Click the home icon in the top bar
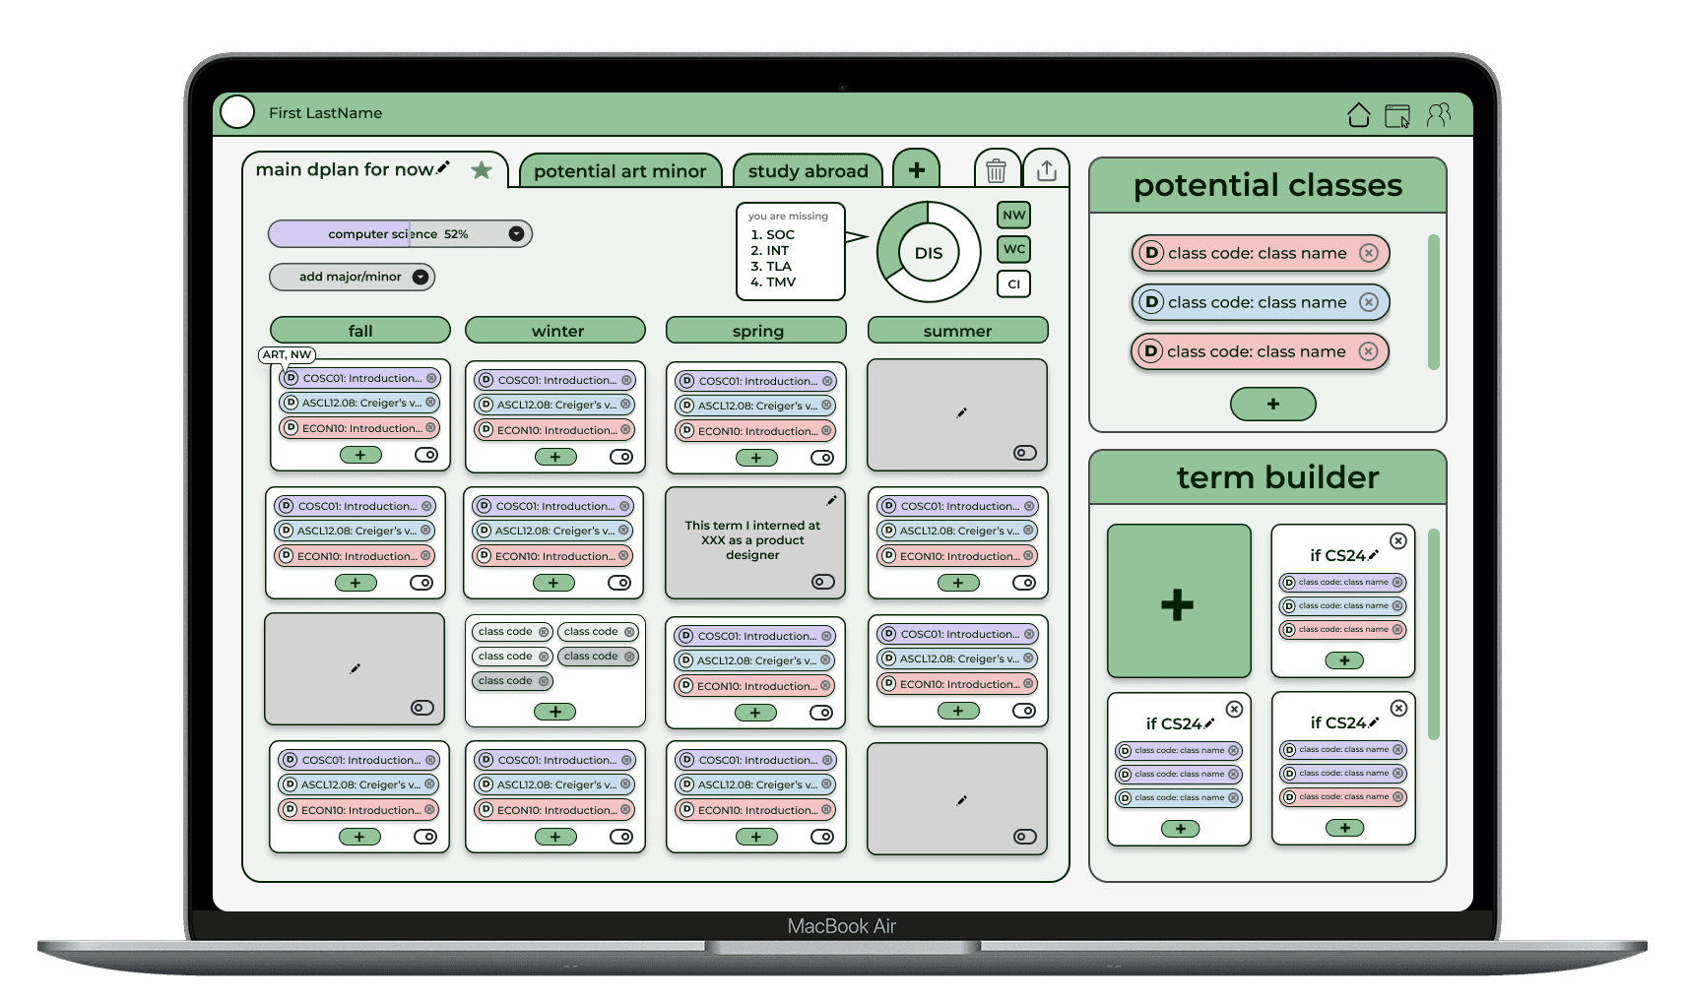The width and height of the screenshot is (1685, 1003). [1359, 115]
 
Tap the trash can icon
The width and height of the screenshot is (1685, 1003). [996, 170]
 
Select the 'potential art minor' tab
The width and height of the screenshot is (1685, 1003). [619, 171]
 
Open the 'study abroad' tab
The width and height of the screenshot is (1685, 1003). [808, 171]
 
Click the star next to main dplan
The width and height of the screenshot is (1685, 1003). [482, 170]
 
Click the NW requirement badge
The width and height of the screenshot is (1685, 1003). [1013, 216]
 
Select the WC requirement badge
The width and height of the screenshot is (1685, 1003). [1013, 249]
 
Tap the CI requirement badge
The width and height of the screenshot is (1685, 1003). [1013, 283]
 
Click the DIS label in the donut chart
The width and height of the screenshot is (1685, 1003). [928, 253]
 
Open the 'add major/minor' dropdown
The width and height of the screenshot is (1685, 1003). [352, 277]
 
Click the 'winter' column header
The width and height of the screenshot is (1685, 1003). [556, 331]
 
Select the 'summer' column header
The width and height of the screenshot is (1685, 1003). [957, 331]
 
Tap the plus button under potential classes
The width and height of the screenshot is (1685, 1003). [1272, 404]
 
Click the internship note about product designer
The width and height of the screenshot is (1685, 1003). [753, 540]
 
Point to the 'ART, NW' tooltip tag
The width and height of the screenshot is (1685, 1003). [287, 354]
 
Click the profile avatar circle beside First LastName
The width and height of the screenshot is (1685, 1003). [237, 112]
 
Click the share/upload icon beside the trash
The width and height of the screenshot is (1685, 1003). [1046, 170]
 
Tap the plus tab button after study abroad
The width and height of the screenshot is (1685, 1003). [916, 169]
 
